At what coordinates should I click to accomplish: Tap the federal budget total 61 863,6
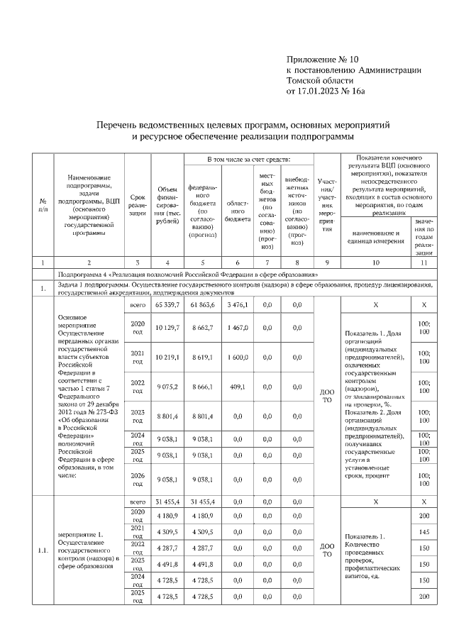[203, 304]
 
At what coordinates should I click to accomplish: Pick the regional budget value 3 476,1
[236, 304]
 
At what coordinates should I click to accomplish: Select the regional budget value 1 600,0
[236, 358]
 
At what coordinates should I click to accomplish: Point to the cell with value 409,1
[236, 387]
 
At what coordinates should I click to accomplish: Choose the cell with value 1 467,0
[236, 328]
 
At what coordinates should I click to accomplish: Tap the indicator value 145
[424, 532]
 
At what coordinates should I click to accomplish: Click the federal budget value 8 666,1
[203, 387]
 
